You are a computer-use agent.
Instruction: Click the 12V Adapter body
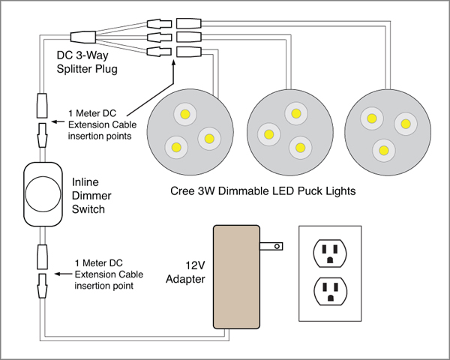click(236, 277)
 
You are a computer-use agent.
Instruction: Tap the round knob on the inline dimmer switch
click(43, 193)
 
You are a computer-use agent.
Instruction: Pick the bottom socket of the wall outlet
click(330, 292)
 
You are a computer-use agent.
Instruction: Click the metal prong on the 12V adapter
click(271, 246)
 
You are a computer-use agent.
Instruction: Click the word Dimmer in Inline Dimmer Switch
click(91, 196)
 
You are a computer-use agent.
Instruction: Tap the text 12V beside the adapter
click(195, 265)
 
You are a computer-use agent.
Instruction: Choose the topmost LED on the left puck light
click(185, 114)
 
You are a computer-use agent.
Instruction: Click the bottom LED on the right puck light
click(384, 150)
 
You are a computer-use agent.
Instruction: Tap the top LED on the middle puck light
click(296, 113)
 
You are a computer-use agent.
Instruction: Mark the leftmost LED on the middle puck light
click(269, 134)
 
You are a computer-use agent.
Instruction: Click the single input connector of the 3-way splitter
click(83, 37)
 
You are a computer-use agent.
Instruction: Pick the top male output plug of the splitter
click(159, 23)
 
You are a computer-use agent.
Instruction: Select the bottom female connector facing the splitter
click(188, 52)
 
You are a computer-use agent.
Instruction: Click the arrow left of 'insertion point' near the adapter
click(64, 274)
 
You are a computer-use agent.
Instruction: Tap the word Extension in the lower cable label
click(97, 274)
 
